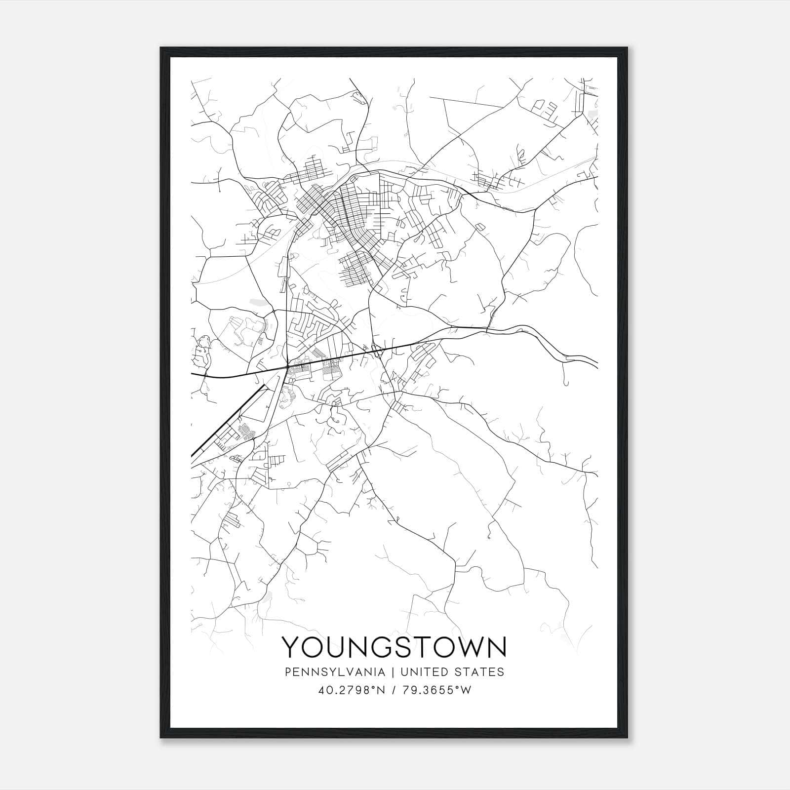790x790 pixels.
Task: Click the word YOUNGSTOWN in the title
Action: [394, 647]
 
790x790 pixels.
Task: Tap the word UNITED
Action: [425, 672]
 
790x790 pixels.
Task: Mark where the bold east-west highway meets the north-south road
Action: [288, 367]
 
